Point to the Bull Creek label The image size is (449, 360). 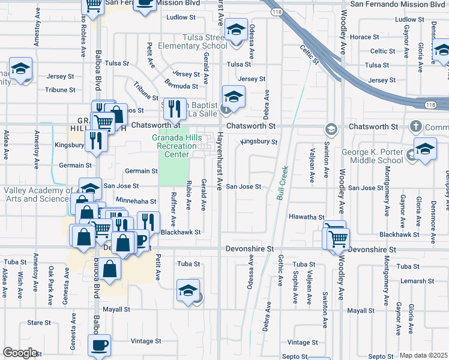pyautogui.click(x=282, y=183)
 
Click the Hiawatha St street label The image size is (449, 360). pyautogui.click(x=306, y=217)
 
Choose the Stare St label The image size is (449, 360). pyautogui.click(x=39, y=322)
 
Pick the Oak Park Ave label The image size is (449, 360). pyautogui.click(x=52, y=280)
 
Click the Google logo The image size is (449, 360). pyautogui.click(x=20, y=353)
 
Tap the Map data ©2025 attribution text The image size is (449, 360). pyautogui.click(x=423, y=355)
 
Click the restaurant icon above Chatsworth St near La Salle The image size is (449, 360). pyautogui.click(x=174, y=108)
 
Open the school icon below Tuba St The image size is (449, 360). pyautogui.click(x=188, y=291)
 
